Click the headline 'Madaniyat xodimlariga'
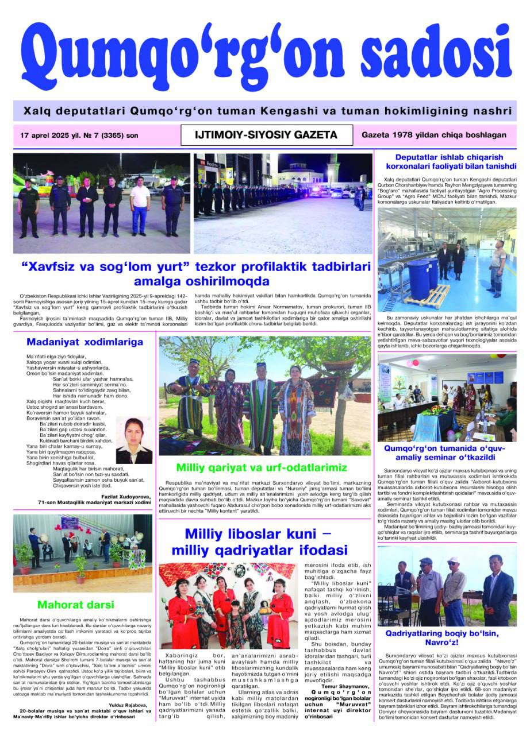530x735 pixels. (85, 342)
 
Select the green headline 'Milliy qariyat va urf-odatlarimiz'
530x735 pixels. (262, 466)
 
